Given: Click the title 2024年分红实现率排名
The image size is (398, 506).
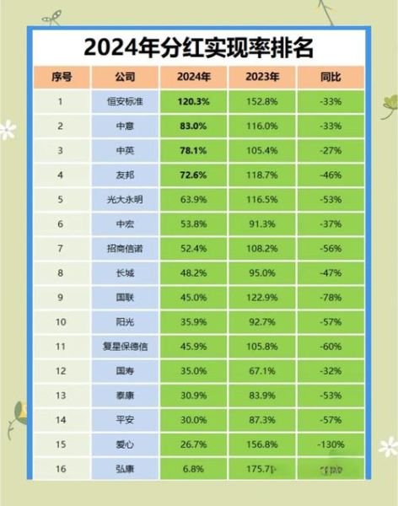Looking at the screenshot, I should click(199, 46).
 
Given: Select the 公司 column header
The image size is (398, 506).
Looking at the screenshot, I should click(124, 77).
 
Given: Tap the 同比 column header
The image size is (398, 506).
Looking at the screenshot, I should click(331, 77).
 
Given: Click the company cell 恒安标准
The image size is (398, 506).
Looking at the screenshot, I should click(124, 103).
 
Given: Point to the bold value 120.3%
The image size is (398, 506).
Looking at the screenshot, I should click(193, 103).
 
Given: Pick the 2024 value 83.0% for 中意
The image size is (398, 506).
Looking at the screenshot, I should click(193, 126).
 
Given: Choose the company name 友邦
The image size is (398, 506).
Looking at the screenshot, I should click(124, 175).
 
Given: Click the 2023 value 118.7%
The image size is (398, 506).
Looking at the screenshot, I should click(261, 175).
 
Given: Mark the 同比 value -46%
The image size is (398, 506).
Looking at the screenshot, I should click(331, 175).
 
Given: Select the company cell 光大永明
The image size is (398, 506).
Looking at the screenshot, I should click(124, 200).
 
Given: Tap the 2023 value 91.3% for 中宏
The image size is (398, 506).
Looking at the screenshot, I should click(261, 224).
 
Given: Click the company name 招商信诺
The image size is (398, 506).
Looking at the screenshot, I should click(124, 249).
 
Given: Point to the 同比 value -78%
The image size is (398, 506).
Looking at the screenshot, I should click(331, 297).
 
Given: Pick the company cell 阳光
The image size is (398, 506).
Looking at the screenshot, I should click(124, 321).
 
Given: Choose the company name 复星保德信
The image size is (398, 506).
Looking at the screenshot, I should click(124, 346).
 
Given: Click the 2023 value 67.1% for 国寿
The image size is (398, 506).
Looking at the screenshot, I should click(261, 370).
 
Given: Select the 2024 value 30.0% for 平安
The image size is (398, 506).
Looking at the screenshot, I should click(193, 419).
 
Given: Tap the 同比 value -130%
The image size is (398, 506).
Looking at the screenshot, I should click(331, 444).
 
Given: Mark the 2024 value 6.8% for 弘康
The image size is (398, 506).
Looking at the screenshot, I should click(193, 467).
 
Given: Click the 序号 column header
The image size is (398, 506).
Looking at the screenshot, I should click(61, 77).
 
